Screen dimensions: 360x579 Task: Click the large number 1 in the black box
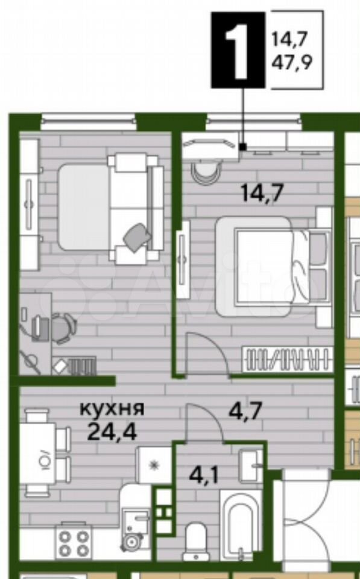point(238,51)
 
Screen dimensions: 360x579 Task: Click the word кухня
point(112,409)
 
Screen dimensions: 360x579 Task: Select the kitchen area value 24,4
point(112,431)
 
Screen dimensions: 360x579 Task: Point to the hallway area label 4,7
point(245,410)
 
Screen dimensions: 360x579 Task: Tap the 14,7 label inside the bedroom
point(262,192)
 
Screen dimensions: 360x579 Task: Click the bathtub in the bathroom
point(241,524)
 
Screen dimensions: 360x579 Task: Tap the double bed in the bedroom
point(273,266)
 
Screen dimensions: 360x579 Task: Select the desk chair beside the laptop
point(63,328)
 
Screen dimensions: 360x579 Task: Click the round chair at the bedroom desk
point(206,173)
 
